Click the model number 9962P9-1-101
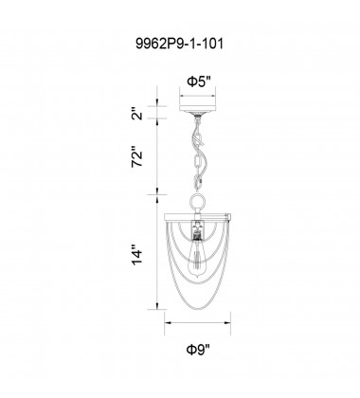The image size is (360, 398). [179, 44]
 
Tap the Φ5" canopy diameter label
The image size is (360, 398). [198, 81]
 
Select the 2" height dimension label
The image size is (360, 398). [137, 114]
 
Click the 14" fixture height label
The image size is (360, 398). [137, 253]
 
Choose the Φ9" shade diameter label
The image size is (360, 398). [198, 350]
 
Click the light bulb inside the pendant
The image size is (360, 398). [197, 259]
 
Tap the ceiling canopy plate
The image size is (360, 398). [197, 109]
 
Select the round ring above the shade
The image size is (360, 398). [198, 201]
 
